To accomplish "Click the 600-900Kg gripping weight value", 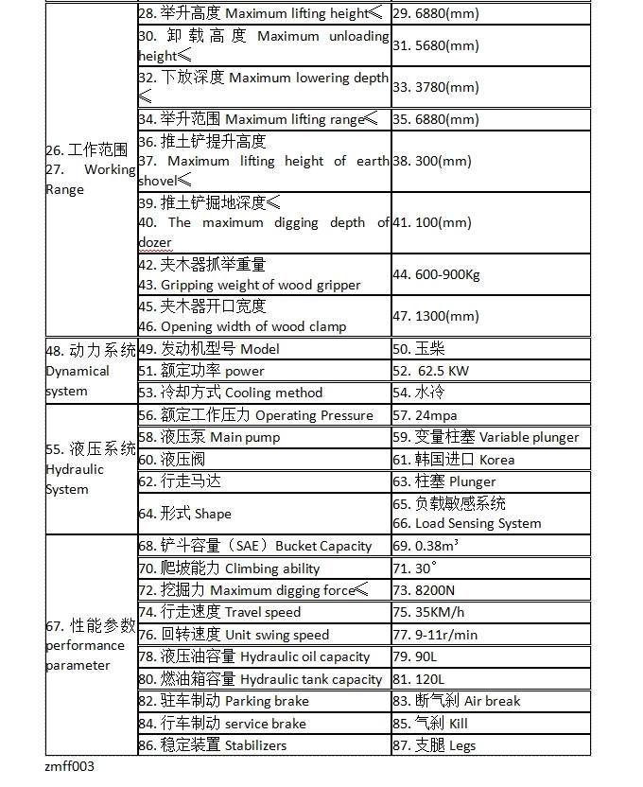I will point(436,275).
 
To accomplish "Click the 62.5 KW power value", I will point(436,371).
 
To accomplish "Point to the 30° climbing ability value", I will point(415,568).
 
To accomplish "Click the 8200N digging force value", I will point(423,591).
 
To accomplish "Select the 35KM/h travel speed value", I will point(429,613).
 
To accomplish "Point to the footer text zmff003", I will point(70,767).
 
